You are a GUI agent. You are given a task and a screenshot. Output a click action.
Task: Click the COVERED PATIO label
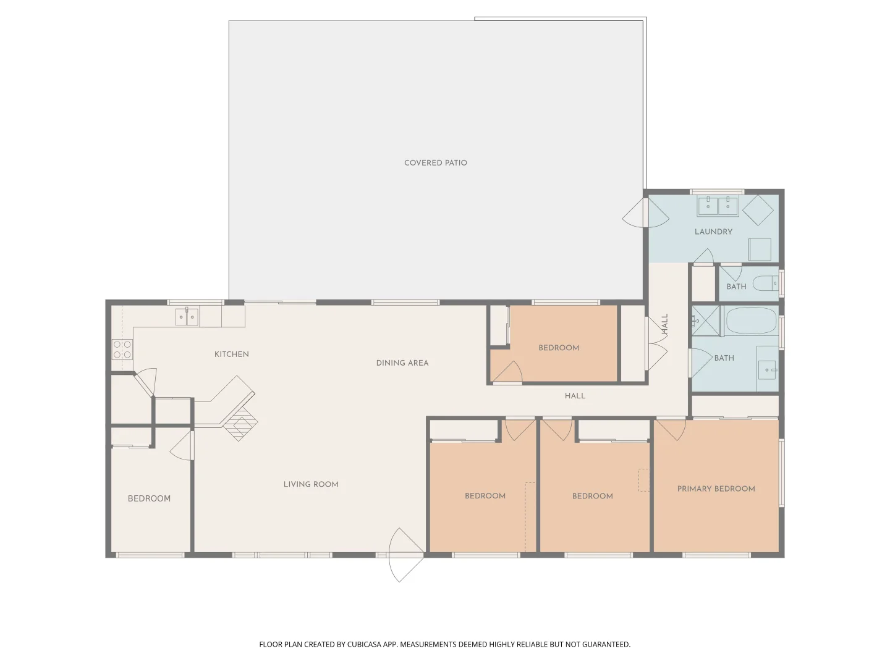(435, 163)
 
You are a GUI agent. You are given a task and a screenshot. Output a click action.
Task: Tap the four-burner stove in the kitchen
(122, 350)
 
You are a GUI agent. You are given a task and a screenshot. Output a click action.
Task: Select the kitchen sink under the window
(187, 317)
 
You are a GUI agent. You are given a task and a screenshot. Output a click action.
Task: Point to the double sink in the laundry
(718, 206)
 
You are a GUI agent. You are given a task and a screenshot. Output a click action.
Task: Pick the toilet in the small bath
(765, 283)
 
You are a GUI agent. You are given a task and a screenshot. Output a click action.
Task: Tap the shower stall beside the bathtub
(706, 321)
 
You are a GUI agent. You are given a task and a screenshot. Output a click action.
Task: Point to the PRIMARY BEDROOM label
(716, 489)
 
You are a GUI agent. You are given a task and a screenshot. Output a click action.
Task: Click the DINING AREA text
(402, 363)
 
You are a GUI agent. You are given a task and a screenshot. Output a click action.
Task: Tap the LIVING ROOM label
(311, 484)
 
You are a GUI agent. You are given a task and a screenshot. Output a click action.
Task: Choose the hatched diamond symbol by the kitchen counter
(241, 423)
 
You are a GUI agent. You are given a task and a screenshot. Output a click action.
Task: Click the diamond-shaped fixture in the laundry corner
(758, 210)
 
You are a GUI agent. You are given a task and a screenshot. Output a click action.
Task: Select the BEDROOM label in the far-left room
(149, 498)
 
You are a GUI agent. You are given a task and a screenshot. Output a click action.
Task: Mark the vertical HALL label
(665, 324)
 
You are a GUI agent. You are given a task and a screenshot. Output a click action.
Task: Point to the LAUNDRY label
(713, 232)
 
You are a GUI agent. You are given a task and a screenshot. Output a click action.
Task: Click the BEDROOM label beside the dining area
(559, 348)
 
